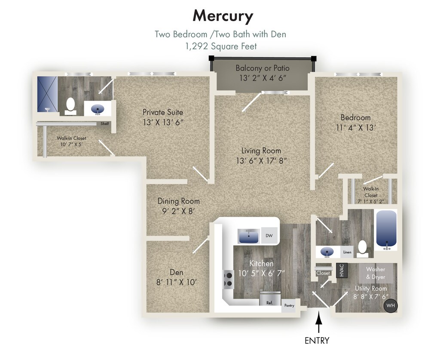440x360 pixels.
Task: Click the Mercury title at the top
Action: point(223,16)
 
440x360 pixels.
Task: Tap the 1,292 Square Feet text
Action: point(221,46)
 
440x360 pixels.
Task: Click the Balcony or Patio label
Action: point(263,68)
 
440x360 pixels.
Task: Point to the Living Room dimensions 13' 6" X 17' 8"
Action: point(261,161)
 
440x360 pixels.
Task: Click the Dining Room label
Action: point(178,201)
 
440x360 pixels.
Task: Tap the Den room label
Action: point(176,272)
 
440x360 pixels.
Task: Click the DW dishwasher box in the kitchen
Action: point(269,235)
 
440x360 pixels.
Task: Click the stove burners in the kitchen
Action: point(228,280)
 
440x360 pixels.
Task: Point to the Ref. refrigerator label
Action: point(270,303)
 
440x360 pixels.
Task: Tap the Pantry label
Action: point(288,306)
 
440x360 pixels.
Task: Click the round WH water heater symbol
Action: point(390,306)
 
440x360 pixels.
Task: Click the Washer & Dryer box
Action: point(376,273)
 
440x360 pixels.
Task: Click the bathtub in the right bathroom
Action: point(386,230)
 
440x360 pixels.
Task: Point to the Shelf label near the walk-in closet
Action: point(105,123)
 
